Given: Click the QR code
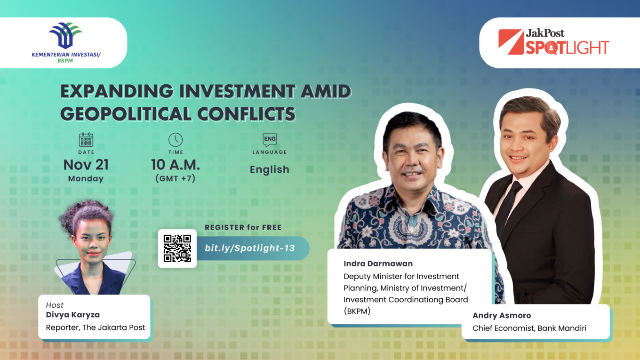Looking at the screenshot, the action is [x=177, y=248].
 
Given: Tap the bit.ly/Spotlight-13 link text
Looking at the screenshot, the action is [x=250, y=248].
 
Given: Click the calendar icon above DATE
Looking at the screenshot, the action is [x=86, y=140].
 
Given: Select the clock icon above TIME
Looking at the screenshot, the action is [x=176, y=140].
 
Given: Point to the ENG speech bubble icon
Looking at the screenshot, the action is [x=270, y=140].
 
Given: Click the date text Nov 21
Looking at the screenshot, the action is [x=86, y=165].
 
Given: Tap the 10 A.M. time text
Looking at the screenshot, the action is [x=176, y=165].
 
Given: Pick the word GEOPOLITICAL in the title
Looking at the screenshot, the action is [x=126, y=114].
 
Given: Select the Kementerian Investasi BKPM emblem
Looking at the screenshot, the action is [x=65, y=35].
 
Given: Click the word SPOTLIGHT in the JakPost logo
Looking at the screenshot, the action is [x=568, y=47].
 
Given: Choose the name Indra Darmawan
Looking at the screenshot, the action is [x=378, y=264].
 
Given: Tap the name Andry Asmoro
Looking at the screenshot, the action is [x=502, y=315].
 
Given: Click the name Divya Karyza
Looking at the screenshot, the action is [x=73, y=315].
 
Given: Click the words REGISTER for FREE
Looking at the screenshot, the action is [x=243, y=227].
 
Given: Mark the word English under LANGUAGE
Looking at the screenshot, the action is [x=270, y=170].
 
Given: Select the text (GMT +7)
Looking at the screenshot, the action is [x=176, y=178].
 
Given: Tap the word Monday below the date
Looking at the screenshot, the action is [x=86, y=179].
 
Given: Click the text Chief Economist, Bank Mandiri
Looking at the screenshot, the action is [x=529, y=328].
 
